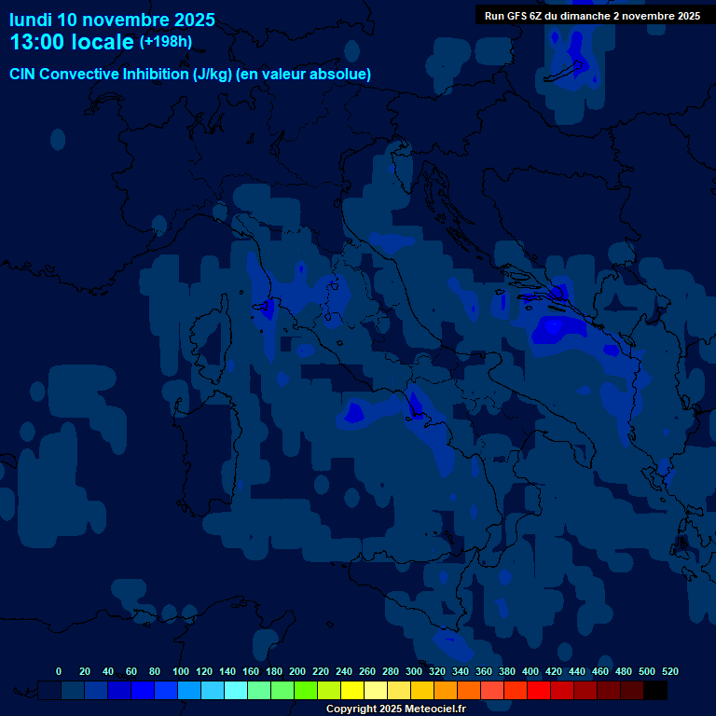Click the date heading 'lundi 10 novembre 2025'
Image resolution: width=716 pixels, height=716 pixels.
point(112,20)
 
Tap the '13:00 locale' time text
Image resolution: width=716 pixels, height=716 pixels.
point(72,42)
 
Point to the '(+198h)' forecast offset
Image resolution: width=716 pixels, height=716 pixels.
point(165,41)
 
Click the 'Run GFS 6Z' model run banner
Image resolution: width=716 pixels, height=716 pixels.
point(592,16)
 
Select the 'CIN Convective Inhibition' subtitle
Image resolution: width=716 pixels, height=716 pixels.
point(100,74)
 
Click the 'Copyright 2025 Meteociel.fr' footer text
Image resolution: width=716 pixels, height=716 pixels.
point(395,709)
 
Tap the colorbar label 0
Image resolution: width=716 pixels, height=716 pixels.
point(59,671)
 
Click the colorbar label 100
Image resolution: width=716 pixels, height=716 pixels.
point(181,671)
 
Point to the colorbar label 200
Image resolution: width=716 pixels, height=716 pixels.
point(297,671)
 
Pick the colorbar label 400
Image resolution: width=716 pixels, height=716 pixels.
point(530,671)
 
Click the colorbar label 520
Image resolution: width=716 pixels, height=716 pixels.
point(669,671)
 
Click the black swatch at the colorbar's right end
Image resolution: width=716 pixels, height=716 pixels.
point(655,690)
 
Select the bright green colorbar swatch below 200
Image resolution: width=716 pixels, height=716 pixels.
point(306,690)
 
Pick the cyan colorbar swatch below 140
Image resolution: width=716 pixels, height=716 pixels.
point(236,690)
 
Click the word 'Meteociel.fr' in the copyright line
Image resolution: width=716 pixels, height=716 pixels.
point(435,709)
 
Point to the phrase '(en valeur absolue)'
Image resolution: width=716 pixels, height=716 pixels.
point(304,74)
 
